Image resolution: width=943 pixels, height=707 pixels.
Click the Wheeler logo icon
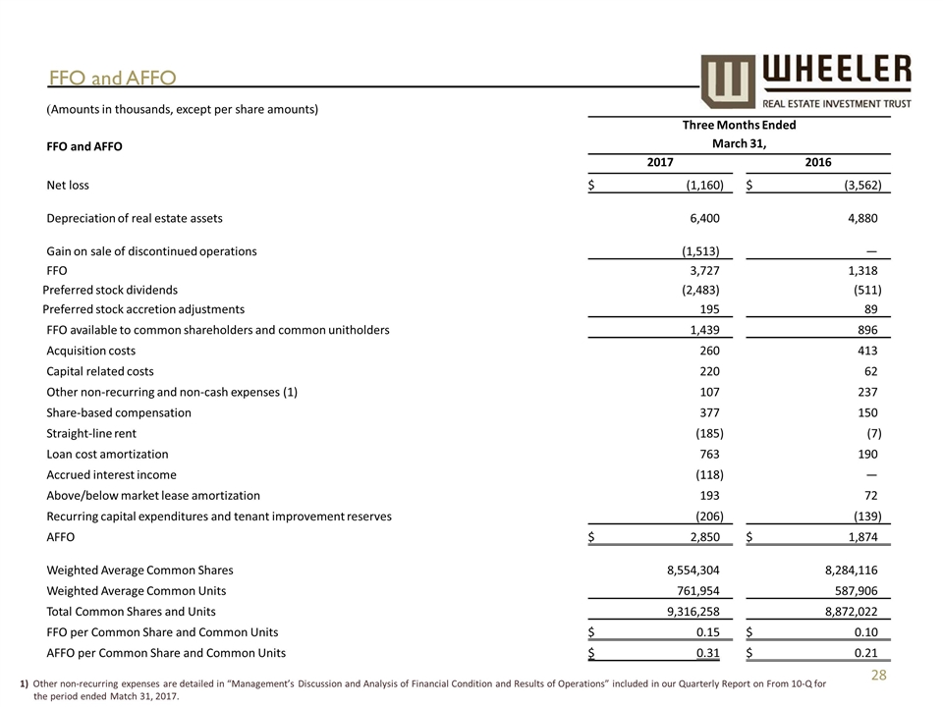(728, 82)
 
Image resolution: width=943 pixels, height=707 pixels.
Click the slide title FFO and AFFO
(113, 77)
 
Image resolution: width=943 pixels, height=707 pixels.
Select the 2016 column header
(818, 162)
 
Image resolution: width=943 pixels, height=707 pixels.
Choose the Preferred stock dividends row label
(110, 290)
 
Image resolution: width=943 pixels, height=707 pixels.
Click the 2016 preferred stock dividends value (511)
(866, 290)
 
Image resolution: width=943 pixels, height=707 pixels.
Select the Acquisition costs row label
(91, 351)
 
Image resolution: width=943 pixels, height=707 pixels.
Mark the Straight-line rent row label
(91, 433)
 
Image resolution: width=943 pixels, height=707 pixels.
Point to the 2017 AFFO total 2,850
(701, 538)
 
